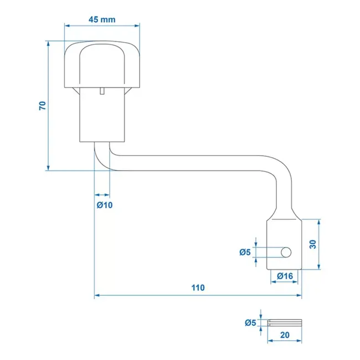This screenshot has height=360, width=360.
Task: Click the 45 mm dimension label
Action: (x=102, y=19)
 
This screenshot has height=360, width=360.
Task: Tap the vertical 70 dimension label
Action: (x=42, y=105)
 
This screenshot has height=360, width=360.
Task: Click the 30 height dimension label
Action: (x=312, y=244)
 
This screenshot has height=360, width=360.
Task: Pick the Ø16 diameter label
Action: (x=284, y=276)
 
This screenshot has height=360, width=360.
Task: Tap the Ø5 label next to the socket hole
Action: (x=245, y=253)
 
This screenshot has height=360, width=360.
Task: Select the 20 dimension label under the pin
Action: (x=285, y=335)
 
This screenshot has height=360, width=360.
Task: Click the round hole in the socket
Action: (x=286, y=253)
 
